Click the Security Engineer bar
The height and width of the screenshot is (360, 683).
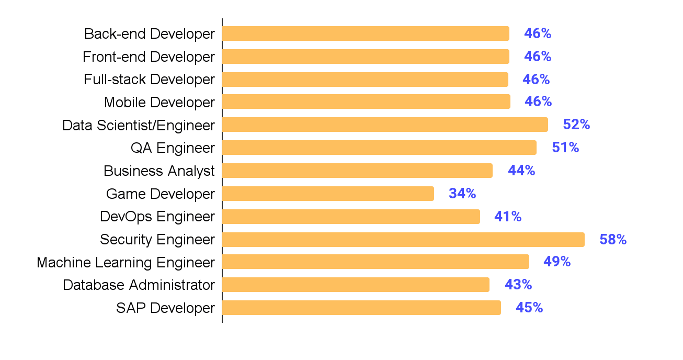click(x=403, y=240)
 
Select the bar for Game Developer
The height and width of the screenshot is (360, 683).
click(x=328, y=194)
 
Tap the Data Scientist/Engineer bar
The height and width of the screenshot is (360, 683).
click(x=385, y=125)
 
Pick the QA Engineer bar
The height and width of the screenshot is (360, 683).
click(x=379, y=148)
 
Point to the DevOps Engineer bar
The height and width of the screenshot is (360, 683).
click(x=351, y=217)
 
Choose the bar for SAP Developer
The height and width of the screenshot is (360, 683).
click(x=361, y=308)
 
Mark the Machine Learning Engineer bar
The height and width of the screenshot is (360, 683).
click(x=375, y=262)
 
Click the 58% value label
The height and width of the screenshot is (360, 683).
click(x=613, y=240)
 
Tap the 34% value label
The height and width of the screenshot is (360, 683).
click(x=462, y=194)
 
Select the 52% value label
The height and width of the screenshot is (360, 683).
click(x=576, y=125)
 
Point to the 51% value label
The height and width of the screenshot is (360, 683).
click(x=565, y=148)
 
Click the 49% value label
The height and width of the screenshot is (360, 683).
click(x=557, y=262)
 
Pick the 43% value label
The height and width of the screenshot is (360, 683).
click(x=518, y=285)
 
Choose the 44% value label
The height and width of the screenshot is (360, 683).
click(x=521, y=171)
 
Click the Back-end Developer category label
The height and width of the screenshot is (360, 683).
click(x=150, y=34)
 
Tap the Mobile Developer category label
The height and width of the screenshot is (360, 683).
click(x=160, y=102)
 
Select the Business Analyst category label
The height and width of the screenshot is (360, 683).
click(x=159, y=171)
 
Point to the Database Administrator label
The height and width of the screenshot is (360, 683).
click(x=139, y=285)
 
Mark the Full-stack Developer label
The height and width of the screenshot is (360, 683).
click(x=149, y=80)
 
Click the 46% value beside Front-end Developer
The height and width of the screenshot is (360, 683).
click(x=538, y=57)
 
